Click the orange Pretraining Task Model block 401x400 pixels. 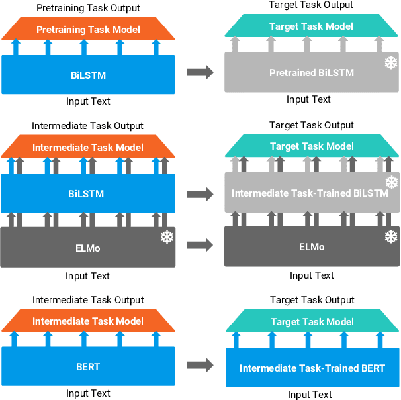88,30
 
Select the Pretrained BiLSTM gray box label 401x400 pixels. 312,73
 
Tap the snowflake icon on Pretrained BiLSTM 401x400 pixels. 391,63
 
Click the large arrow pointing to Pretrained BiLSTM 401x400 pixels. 200,73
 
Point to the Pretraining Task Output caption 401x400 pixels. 88,8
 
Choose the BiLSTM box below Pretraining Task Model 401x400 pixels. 88,75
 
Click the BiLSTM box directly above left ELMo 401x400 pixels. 88,194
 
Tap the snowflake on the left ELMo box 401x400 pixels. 167,236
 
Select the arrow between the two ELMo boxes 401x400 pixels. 200,245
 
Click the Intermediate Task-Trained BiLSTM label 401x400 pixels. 310,193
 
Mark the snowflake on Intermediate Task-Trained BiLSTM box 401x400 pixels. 391,182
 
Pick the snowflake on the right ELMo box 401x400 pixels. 391,236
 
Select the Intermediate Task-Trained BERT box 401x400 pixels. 312,368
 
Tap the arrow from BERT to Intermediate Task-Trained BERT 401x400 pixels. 200,364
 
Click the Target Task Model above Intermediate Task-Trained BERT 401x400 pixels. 312,322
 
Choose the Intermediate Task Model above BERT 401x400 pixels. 88,321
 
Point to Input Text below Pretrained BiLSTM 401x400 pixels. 308,99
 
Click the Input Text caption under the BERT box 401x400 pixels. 88,393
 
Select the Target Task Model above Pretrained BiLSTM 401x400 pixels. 312,26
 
